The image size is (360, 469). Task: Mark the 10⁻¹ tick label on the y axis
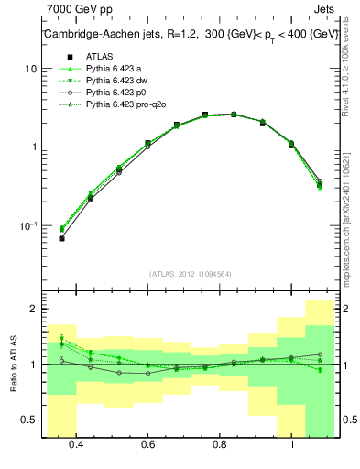[x=28, y=225]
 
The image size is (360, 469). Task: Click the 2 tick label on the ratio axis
[x=33, y=310]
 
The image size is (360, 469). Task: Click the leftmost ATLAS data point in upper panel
[x=61, y=238]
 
